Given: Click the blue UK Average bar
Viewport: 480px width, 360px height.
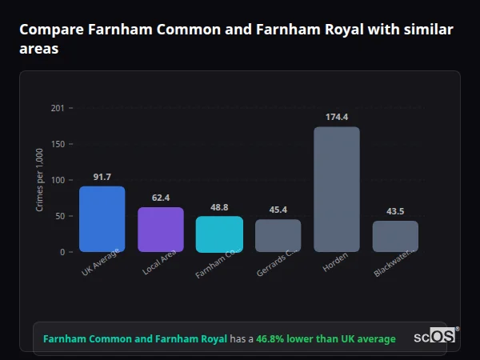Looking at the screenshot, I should point(102,219).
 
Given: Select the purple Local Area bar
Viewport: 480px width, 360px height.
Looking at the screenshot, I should point(161,230).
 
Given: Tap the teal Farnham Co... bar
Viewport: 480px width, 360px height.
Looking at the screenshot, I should point(219,234).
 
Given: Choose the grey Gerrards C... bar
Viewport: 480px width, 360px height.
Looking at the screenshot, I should point(278,235).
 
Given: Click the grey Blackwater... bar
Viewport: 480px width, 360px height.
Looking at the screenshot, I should point(395,236).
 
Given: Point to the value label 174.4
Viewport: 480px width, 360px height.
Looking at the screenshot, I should point(337,117).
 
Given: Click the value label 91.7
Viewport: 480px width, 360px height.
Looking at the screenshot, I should point(102,177).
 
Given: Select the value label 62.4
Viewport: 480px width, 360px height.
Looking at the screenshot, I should point(161,198).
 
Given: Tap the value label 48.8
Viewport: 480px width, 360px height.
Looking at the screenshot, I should point(219,206).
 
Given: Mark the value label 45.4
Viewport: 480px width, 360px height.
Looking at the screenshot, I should point(278,210).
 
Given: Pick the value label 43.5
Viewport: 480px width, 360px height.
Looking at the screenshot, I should point(395,211).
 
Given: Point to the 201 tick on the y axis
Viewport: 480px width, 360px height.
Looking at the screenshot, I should point(57,107).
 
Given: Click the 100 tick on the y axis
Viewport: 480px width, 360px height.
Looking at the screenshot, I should point(57,180).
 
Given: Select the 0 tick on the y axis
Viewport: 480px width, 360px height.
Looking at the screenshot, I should point(61,252).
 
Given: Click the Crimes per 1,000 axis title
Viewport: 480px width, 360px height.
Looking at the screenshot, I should point(39,180).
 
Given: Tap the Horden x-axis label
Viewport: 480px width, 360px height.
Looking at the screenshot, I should point(335,265).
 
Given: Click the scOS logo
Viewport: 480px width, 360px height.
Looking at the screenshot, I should point(436,338).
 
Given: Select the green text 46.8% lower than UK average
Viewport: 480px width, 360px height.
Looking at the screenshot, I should point(326,339).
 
